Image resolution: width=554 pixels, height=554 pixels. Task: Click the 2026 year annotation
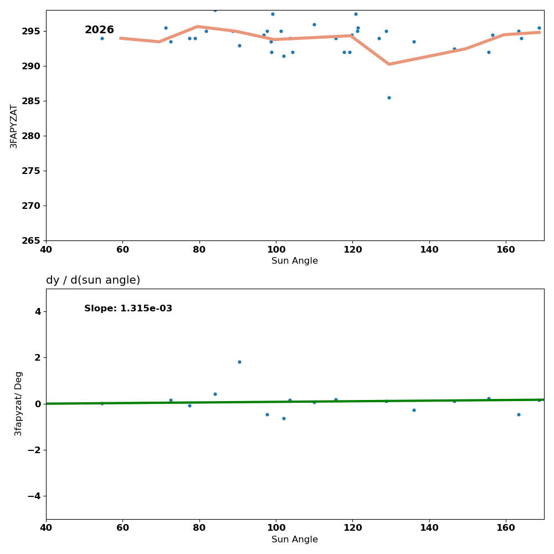point(99,30)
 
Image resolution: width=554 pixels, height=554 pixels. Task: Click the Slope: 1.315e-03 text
point(128,309)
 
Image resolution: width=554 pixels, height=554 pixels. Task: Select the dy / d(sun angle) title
point(93,280)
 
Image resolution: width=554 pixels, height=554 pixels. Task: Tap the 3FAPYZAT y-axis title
point(14,126)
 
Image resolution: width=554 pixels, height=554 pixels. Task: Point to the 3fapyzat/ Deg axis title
point(19,403)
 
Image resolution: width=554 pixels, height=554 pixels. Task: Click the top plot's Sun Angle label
point(295,261)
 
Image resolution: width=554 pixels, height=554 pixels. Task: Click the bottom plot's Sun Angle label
point(295,540)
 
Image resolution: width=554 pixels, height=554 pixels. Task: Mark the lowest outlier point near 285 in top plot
point(389,98)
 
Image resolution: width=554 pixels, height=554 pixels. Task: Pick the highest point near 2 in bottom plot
point(239,362)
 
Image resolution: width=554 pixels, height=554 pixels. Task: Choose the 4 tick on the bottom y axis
point(38,311)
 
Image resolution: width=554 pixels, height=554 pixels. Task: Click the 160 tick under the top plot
point(506,249)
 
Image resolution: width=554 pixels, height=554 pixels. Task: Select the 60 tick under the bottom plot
point(122,528)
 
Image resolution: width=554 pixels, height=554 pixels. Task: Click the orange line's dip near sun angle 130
point(389,64)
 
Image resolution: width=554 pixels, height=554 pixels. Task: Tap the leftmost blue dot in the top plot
point(102,38)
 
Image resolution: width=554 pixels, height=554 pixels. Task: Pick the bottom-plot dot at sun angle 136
point(414,410)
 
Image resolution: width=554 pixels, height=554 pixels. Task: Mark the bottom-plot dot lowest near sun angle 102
point(284,418)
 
